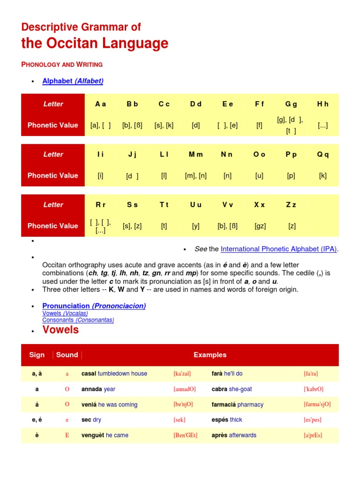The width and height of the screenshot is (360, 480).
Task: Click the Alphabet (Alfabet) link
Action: point(73,81)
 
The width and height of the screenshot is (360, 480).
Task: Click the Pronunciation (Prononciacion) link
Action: point(94,306)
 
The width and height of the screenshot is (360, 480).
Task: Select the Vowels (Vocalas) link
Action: point(65,313)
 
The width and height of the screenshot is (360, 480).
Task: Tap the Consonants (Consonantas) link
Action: point(78,320)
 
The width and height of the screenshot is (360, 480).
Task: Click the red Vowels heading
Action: point(60,330)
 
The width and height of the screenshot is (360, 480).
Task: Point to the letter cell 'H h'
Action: point(322,104)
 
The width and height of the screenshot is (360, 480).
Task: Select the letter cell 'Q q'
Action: point(322,154)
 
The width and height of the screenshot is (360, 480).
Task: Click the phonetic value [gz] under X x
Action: point(260,226)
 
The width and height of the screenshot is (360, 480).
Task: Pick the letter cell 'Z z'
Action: point(292,205)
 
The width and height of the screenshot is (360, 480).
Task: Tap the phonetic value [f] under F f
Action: point(259,125)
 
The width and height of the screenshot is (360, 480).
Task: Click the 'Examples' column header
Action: point(210,355)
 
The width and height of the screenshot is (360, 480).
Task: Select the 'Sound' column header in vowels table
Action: point(67,355)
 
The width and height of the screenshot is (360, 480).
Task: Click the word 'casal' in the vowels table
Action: point(89,374)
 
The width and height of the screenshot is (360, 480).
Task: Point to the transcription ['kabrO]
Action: point(314,389)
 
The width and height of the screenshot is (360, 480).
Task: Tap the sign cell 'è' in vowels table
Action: point(37,435)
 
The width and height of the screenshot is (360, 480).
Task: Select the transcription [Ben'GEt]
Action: point(185,435)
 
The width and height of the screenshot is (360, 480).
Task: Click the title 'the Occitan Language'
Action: point(95,44)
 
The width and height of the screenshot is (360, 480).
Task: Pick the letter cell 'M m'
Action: point(195,154)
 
